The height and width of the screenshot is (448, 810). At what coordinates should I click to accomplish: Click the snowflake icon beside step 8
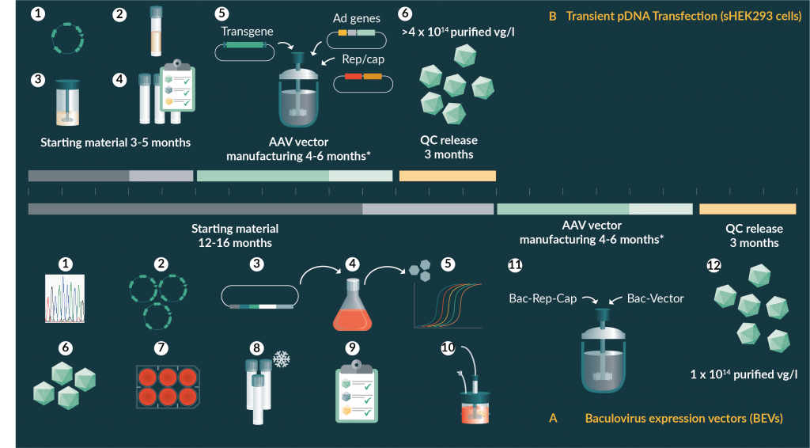coord(281,359)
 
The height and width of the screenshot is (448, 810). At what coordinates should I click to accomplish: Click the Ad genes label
coord(357,17)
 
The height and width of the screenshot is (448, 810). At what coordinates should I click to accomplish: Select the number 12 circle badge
coord(713,265)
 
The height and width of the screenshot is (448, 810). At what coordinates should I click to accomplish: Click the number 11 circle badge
coord(515,265)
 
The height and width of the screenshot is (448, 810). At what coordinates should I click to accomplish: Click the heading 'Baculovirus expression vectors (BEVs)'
coord(683,418)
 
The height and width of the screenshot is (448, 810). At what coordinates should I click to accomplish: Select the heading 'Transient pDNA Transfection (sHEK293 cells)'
coord(683,15)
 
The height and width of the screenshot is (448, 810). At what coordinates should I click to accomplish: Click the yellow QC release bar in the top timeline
coord(447,176)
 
